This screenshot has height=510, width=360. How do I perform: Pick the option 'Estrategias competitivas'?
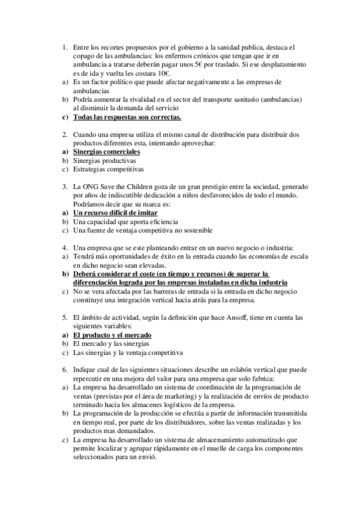pos(108,170)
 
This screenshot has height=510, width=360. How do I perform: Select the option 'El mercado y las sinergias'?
pos(112,343)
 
